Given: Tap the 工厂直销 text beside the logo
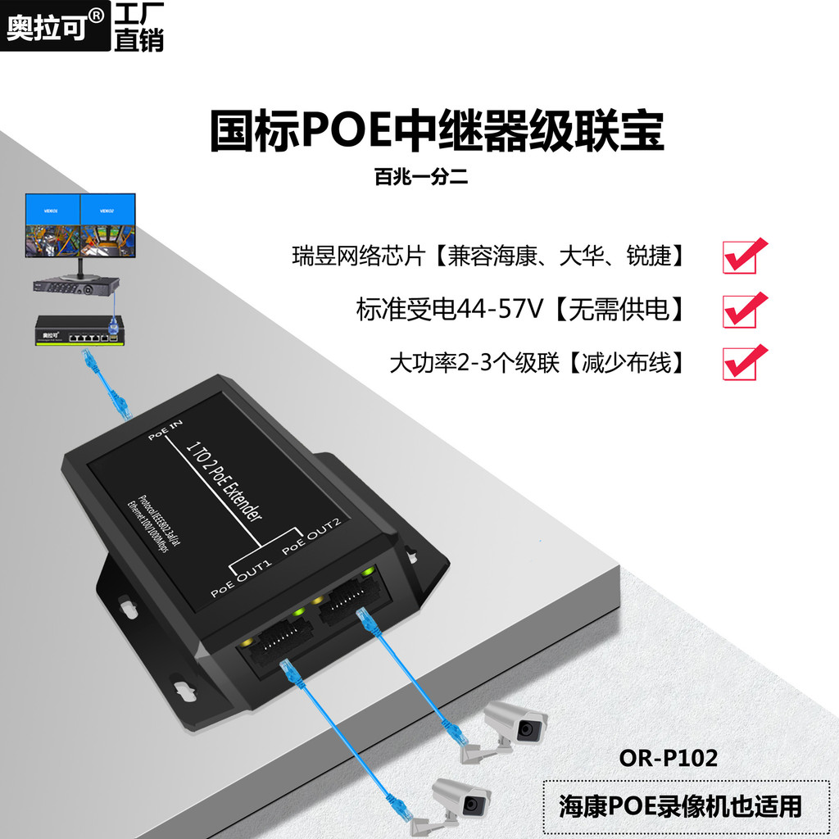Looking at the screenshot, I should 138,27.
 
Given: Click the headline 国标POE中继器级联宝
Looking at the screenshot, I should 436,132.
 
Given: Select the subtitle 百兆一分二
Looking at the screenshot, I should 420,176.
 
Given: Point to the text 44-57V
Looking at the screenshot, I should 495,310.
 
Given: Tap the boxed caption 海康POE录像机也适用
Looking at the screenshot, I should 680,805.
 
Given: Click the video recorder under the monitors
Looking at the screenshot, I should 75,286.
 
